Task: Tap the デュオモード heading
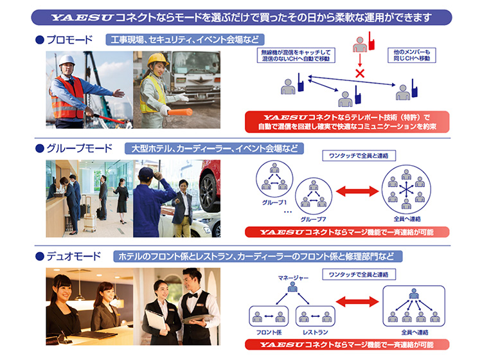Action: pyautogui.click(x=73, y=256)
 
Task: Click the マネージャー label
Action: pyautogui.click(x=293, y=277)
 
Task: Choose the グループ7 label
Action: pyautogui.click(x=313, y=219)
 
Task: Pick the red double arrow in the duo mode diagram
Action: pyautogui.click(x=357, y=302)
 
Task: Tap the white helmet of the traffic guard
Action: pyautogui.click(x=67, y=61)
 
